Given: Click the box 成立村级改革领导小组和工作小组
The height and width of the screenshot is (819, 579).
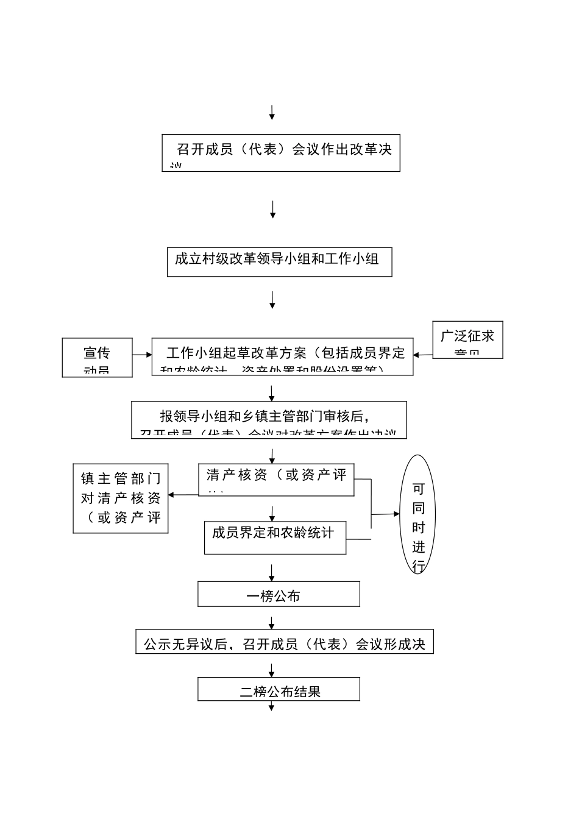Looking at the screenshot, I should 279,262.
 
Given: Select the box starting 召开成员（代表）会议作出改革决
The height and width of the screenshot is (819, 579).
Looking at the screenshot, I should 280,152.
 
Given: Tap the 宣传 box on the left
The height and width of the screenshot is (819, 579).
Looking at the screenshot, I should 97,357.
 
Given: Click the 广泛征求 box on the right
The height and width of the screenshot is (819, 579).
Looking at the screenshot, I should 467,339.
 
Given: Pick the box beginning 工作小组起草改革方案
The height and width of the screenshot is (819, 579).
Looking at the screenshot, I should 282,356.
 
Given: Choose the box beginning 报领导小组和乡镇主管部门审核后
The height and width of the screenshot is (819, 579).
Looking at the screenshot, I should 269,419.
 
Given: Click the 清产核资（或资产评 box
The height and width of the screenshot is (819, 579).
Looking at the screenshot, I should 276,480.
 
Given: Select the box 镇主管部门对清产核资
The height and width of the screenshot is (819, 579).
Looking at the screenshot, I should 121,498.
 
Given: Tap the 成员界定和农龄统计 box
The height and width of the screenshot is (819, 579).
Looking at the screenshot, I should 275,537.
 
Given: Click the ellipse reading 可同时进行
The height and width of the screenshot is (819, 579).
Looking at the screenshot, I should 417,514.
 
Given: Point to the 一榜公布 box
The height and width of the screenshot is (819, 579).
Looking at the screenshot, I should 279,594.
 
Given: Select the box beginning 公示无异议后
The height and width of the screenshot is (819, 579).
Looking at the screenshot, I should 284,642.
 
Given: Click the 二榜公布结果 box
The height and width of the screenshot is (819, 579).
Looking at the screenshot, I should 279,689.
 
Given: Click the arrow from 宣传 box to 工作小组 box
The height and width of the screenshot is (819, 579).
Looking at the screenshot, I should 142,355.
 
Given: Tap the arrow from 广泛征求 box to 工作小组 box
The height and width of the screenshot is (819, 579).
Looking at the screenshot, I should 423,355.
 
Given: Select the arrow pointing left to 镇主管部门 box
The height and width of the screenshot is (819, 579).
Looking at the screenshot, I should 183,495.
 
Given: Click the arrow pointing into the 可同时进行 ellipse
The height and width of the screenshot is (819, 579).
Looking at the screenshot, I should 386,514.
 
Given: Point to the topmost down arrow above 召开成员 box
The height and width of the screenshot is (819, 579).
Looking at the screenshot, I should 272,113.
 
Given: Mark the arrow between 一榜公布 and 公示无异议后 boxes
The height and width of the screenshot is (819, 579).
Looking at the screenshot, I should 272,622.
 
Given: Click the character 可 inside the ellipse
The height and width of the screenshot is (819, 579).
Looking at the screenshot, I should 418,489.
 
